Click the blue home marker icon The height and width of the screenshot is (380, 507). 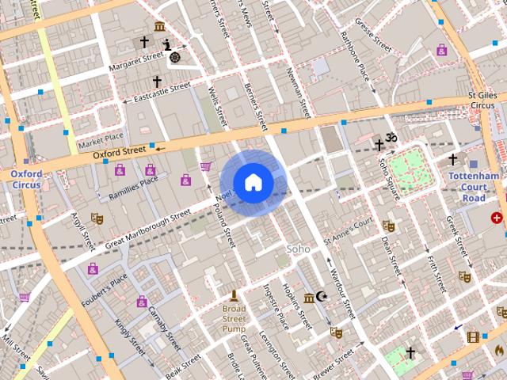point(253,182)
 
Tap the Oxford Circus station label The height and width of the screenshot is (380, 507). point(26,179)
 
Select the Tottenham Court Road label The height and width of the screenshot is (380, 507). point(473,186)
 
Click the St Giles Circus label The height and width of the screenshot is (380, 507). point(482,100)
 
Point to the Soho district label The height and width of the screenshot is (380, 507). point(298,249)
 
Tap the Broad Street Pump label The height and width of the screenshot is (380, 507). point(234,318)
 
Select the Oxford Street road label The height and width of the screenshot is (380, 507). point(120,151)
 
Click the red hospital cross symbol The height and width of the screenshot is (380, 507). point(497,218)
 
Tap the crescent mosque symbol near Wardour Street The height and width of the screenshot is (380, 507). point(321,297)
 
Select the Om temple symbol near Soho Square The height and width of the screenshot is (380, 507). point(391,137)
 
